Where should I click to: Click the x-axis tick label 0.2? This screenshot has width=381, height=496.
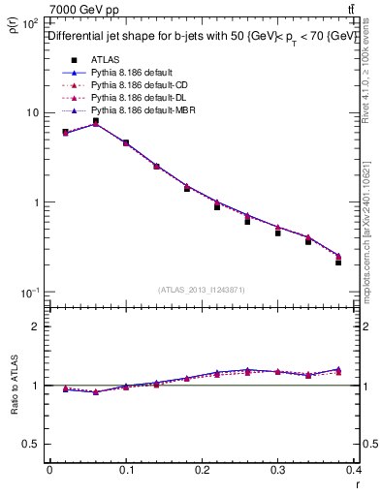(x=202, y=470)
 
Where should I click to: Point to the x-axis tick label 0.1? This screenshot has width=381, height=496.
(x=125, y=470)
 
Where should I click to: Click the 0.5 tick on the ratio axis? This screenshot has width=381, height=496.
(x=31, y=444)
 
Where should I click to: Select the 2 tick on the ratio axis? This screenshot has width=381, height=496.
(x=35, y=326)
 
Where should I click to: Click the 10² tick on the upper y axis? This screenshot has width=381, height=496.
(x=29, y=22)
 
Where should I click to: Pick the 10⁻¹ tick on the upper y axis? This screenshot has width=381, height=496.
(x=29, y=293)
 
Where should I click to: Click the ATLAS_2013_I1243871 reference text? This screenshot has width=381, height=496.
(x=201, y=290)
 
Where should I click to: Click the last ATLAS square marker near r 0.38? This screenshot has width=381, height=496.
(x=338, y=263)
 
